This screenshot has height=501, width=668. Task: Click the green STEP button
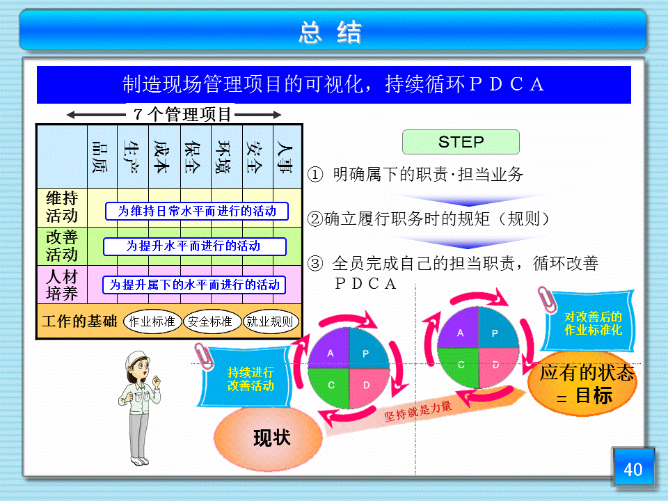[461, 142]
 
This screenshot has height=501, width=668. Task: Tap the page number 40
[633, 469]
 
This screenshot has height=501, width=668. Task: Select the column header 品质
[100, 157]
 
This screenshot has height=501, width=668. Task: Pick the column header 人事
[285, 157]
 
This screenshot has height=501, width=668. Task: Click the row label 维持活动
[62, 207]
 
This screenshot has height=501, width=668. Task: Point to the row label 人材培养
[62, 285]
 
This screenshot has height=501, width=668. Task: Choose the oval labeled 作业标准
[152, 321]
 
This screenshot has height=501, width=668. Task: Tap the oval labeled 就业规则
[271, 321]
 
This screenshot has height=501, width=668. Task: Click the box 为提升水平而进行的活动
[194, 246]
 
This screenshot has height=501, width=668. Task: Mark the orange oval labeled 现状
[269, 438]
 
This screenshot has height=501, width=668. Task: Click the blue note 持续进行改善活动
[246, 378]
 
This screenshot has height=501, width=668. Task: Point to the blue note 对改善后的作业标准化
[589, 322]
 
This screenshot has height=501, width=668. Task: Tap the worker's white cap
[136, 358]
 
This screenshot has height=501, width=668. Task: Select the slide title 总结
[330, 33]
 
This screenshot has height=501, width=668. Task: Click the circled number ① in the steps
[315, 174]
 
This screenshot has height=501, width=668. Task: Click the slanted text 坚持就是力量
[418, 411]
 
